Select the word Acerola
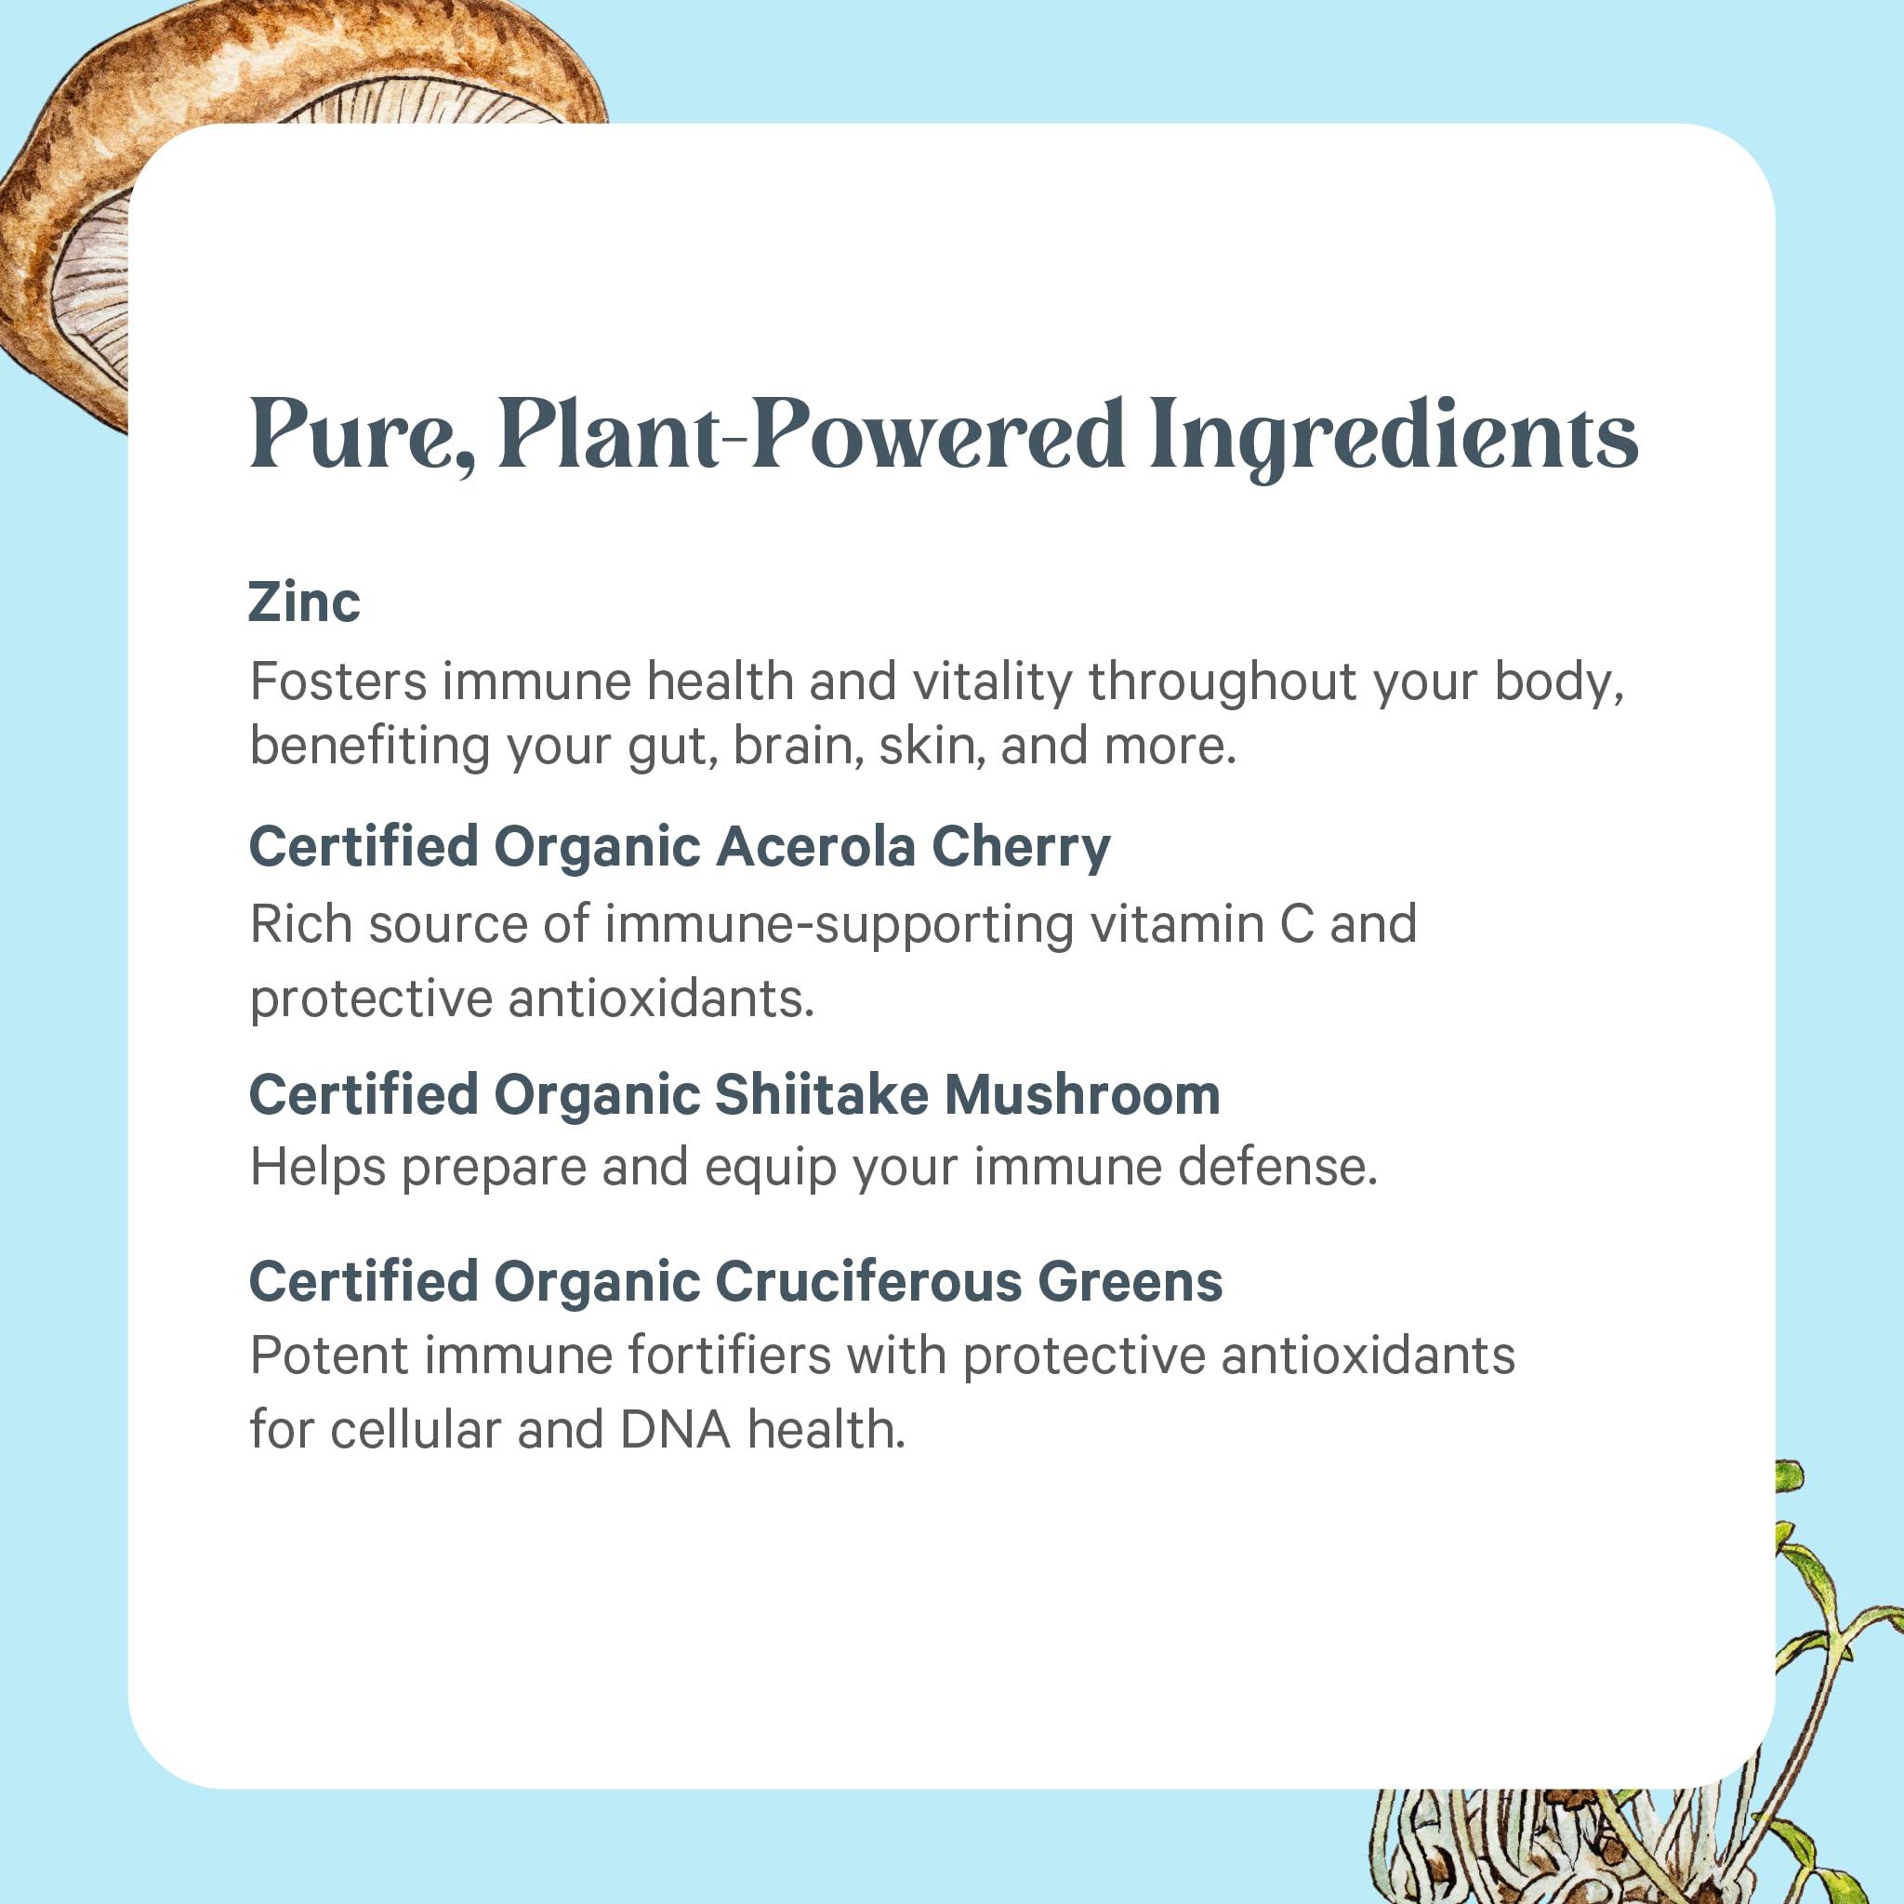(816, 847)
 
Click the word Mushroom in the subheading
(1082, 1095)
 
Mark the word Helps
(317, 1168)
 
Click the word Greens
(1130, 1282)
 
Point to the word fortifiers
(730, 1355)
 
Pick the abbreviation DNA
(676, 1430)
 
